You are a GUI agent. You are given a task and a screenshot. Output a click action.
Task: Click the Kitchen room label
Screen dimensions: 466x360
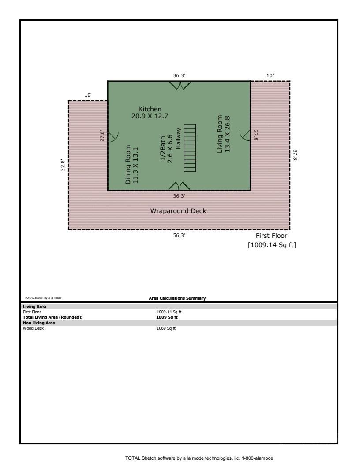tap(150, 109)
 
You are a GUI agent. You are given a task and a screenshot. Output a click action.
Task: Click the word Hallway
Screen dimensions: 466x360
tap(179, 139)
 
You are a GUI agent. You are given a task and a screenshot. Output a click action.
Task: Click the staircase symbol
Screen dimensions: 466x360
tap(190, 148)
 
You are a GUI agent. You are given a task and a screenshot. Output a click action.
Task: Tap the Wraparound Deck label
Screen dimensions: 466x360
tap(178, 211)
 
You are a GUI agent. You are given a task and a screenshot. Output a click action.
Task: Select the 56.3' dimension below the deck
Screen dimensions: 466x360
tap(179, 236)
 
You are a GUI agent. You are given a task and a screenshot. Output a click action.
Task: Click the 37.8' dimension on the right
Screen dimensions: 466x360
tap(295, 156)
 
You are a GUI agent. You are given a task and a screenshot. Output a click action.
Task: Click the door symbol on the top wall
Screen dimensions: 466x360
tap(179, 85)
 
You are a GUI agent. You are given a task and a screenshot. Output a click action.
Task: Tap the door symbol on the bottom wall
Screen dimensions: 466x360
tap(179, 186)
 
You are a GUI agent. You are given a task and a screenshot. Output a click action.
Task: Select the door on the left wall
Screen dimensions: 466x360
tap(112, 136)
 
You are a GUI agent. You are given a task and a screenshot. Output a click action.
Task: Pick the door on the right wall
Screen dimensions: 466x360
tap(245, 134)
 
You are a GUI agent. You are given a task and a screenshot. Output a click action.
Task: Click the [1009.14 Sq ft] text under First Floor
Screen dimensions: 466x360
tap(272, 244)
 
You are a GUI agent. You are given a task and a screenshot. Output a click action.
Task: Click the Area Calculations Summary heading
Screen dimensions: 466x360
tap(177, 298)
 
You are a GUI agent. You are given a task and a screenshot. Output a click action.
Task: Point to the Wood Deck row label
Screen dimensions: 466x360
tap(33, 328)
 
